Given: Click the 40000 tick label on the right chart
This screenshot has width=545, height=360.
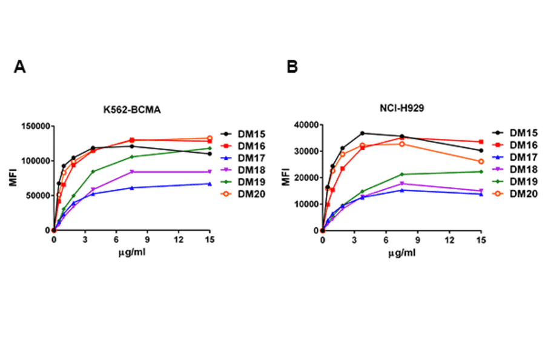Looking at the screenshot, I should point(306,125).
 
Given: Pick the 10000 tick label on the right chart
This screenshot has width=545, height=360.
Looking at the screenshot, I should point(306,204).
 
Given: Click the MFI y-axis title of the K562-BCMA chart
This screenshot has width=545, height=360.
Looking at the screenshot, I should point(12,179).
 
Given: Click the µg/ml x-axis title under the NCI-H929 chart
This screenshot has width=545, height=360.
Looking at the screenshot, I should point(401,252).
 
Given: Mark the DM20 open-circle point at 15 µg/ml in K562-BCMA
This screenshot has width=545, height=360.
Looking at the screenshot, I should point(210,138).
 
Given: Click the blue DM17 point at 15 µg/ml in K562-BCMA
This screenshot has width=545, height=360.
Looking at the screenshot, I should point(210,184).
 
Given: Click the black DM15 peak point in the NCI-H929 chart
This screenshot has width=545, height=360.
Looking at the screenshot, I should point(362,133).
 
